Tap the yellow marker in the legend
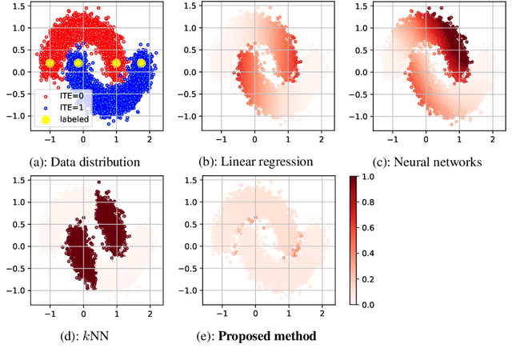coord(45,119)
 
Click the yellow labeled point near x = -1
coord(50,63)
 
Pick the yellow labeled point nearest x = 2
coord(142,62)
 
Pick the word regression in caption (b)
coord(285,162)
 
